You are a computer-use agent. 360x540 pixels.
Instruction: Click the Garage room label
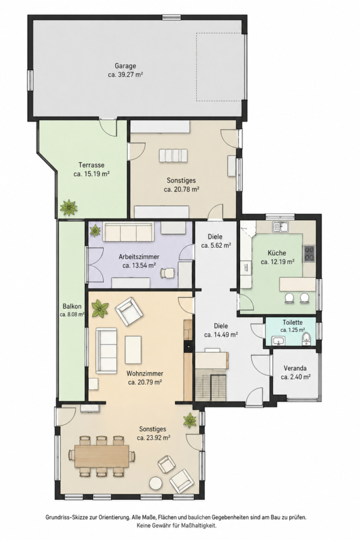(125, 66)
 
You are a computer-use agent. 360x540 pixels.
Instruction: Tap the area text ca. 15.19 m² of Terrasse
(92, 174)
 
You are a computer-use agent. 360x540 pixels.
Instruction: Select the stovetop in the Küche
(309, 253)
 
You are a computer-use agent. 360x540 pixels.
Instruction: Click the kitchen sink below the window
(281, 227)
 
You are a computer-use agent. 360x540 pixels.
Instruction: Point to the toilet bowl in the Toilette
(305, 339)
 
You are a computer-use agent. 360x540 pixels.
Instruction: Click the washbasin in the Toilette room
(278, 341)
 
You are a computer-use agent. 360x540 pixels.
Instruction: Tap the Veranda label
(295, 368)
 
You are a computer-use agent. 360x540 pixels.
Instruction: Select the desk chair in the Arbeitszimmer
(167, 272)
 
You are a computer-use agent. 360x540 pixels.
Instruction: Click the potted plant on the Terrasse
(69, 208)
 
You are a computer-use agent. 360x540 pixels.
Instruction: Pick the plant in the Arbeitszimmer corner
(95, 230)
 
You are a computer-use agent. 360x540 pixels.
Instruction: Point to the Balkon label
(72, 306)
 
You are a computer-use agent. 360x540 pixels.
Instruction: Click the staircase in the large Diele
(211, 387)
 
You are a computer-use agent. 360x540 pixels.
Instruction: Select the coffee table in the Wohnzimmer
(133, 350)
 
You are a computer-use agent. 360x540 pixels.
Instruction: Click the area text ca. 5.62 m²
(216, 245)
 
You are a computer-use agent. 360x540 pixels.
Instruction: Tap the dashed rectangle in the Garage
(220, 67)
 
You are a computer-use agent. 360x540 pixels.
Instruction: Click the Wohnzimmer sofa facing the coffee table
(106, 350)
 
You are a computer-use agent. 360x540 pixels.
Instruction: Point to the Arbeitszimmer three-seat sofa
(129, 232)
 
